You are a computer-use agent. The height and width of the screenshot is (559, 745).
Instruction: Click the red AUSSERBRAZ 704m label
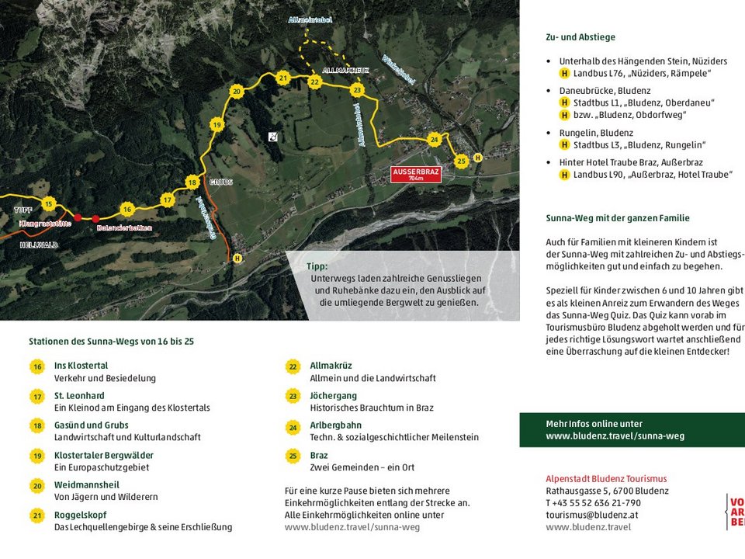(417, 174)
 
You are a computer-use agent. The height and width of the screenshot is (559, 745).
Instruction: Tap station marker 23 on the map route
(357, 90)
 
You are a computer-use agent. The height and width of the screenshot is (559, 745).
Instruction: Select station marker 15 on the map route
(49, 204)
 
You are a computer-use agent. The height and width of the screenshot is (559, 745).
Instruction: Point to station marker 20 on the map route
(237, 92)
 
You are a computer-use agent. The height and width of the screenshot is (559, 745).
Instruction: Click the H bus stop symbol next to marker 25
(478, 158)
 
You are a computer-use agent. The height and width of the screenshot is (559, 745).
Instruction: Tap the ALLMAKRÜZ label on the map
(345, 71)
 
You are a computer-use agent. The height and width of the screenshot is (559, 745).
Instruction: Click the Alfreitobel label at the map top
(310, 19)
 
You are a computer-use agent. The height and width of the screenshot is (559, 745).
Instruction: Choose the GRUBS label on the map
(220, 182)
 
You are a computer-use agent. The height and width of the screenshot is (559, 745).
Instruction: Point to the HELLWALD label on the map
(39, 245)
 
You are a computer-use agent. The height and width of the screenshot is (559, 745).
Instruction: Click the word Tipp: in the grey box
(317, 266)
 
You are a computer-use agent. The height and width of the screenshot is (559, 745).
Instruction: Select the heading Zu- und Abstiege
(580, 37)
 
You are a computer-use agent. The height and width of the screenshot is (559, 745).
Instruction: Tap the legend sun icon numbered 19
(37, 456)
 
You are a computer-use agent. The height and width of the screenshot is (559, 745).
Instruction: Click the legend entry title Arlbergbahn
(335, 425)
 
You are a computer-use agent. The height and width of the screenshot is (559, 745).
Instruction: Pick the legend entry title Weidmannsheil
(86, 485)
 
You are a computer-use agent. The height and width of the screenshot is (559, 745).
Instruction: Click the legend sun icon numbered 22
(293, 366)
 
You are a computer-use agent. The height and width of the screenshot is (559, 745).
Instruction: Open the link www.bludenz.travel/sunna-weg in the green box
(615, 436)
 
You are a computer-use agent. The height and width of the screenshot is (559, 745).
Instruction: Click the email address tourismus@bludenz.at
(591, 515)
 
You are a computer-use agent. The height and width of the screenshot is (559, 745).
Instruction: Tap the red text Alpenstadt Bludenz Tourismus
(606, 479)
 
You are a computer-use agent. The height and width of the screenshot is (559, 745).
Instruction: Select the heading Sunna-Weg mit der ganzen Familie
(618, 218)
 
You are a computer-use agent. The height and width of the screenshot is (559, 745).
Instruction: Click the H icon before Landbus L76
(564, 74)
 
